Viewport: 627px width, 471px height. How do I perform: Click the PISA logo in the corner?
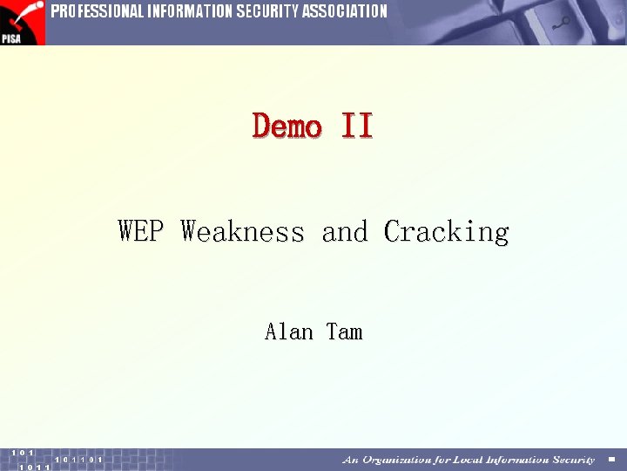pos(22,22)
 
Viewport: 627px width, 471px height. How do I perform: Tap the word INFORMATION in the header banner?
pos(185,11)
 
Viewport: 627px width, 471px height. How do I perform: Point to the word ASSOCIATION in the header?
pos(345,11)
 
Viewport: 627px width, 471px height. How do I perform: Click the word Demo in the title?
pos(287,126)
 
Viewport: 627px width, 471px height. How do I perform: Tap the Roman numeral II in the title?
pos(357,126)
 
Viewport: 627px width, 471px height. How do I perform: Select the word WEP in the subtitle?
pos(139,232)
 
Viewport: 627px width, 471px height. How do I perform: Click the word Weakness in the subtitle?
pos(243,232)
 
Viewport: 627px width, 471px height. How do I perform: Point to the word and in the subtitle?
pos(345,232)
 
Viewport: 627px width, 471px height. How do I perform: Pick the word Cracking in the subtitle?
pos(446,232)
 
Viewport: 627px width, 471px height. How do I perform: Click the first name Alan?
pos(289,331)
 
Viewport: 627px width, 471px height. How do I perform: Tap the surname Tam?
pos(345,331)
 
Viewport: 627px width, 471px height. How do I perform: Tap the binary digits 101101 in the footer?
pos(78,460)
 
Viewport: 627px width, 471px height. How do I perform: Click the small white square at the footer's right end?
pos(611,460)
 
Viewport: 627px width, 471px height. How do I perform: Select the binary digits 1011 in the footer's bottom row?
pos(35,468)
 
